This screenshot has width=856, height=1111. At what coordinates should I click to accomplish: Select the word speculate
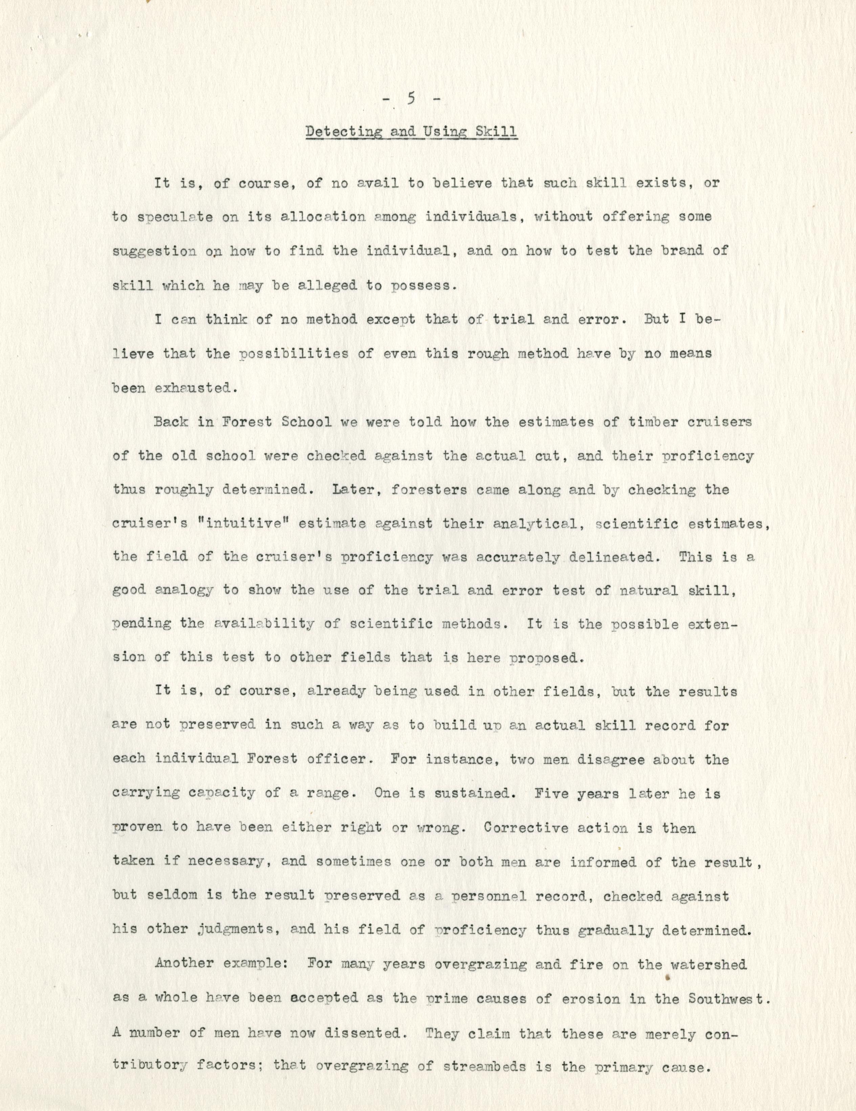pos(168,217)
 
